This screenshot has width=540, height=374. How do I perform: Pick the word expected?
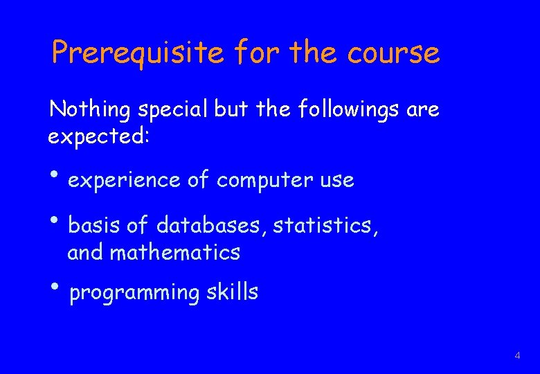(x=98, y=136)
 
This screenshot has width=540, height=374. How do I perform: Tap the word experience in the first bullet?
(x=125, y=181)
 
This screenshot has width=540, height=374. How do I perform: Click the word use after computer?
(x=336, y=181)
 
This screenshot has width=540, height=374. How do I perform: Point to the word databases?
(x=212, y=225)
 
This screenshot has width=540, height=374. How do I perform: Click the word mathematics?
(x=175, y=252)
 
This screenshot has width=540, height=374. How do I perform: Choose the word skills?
(x=232, y=292)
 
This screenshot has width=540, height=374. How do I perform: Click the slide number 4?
(x=516, y=356)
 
